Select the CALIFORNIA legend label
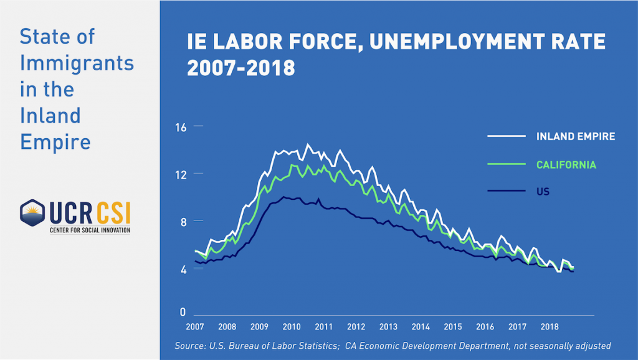click(x=566, y=165)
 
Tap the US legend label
click(x=543, y=192)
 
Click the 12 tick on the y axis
click(x=181, y=174)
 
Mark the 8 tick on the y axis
click(x=181, y=222)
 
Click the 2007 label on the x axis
click(x=195, y=326)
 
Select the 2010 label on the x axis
click(x=292, y=326)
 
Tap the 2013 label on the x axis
click(x=388, y=326)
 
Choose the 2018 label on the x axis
click(x=549, y=326)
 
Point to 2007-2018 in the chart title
click(x=241, y=67)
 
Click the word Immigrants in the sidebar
click(x=77, y=63)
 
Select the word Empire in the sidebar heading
click(x=55, y=141)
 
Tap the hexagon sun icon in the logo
click(x=31, y=214)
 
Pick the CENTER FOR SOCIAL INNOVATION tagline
click(x=90, y=230)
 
